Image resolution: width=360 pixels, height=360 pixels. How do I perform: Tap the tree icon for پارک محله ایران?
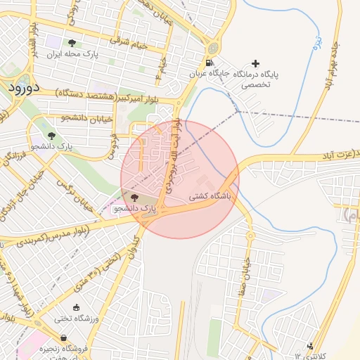[72, 44]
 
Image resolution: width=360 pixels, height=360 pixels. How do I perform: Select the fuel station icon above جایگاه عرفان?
[212, 48]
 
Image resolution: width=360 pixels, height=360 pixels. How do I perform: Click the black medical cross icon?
[255, 63]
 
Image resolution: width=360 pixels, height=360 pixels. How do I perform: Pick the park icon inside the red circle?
[135, 198]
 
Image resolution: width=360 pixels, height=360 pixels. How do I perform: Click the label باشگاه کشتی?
[211, 198]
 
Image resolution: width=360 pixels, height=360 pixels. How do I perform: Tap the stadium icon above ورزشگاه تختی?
[76, 307]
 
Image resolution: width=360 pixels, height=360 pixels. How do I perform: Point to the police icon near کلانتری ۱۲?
[310, 345]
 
